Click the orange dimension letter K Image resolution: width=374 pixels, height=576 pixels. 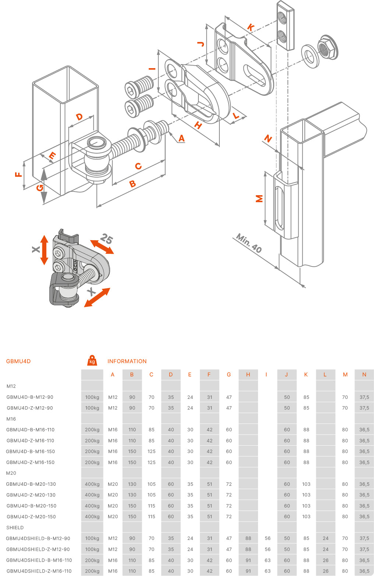[x=251, y=27]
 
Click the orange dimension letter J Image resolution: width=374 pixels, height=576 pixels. [x=201, y=44]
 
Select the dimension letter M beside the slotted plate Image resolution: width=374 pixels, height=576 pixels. [x=260, y=199]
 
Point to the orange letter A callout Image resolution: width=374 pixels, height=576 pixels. [x=181, y=138]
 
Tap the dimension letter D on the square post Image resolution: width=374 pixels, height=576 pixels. [x=79, y=117]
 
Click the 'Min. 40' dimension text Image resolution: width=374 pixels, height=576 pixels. [x=249, y=243]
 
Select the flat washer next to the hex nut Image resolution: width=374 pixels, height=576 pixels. [x=310, y=56]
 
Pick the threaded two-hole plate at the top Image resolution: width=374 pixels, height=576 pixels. [x=285, y=25]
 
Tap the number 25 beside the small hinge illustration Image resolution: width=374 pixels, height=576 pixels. [x=106, y=239]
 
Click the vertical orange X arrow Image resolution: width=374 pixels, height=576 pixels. [x=44, y=250]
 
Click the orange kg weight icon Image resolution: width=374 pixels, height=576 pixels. [x=92, y=361]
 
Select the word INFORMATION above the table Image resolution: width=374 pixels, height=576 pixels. [x=127, y=361]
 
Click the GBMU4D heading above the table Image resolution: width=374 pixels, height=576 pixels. [x=18, y=361]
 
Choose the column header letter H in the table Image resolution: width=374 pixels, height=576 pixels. [x=248, y=375]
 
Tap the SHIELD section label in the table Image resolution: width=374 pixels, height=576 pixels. [x=15, y=527]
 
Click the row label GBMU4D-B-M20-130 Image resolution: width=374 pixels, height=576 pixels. [x=31, y=484]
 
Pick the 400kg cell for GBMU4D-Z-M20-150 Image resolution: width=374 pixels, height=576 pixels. [x=92, y=517]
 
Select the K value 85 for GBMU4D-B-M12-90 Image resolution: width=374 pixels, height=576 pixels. [x=306, y=397]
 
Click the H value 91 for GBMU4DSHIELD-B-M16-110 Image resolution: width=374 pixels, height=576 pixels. [x=248, y=560]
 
